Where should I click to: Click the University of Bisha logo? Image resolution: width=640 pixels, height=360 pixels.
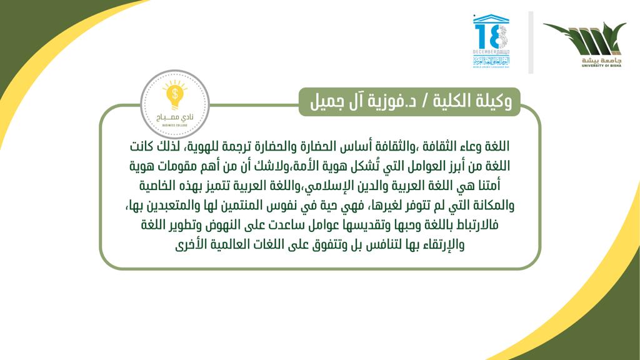584,44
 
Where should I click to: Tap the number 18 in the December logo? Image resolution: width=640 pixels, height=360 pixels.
491,36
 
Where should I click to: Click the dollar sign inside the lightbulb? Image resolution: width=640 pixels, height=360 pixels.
175,94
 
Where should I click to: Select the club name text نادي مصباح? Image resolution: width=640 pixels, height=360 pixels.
175,117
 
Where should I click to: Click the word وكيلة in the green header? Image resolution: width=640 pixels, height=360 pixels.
492,101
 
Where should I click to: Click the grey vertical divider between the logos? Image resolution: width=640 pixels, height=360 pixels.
531,42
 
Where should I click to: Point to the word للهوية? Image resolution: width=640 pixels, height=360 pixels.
200,146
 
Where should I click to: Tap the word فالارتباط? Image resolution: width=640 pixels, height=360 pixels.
473,225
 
